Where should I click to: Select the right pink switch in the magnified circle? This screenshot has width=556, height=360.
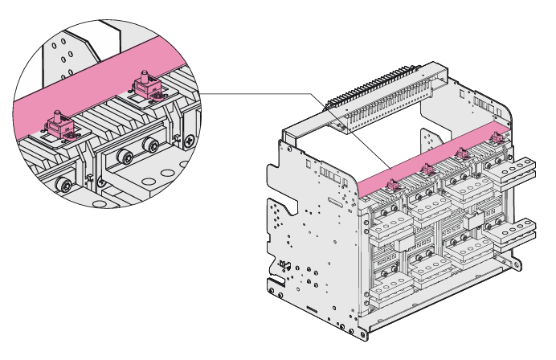(148, 88)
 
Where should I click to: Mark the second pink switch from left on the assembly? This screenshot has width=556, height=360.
(426, 170)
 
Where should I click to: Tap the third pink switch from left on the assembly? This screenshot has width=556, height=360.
(463, 153)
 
